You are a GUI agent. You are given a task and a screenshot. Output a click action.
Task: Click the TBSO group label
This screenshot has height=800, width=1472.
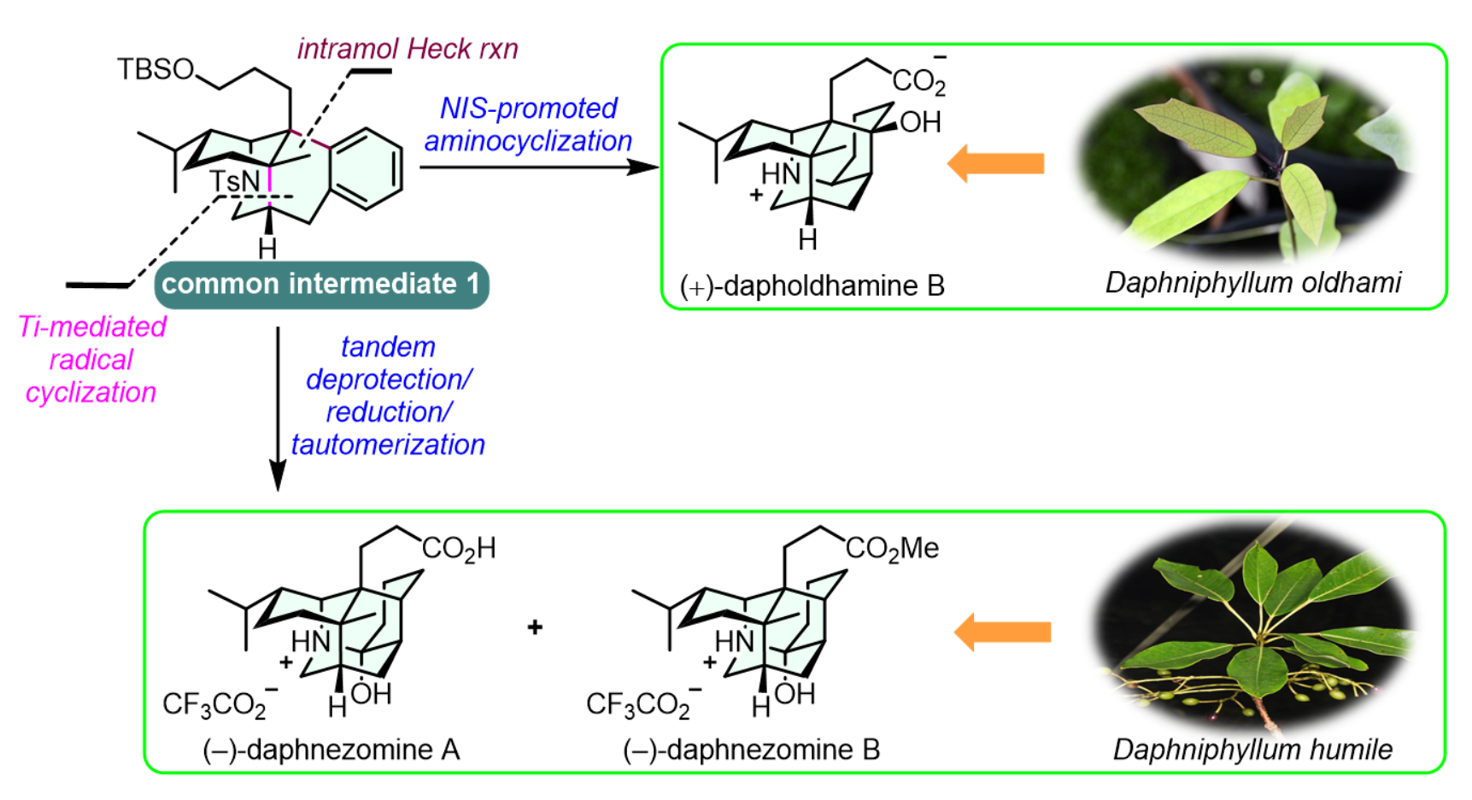(156, 69)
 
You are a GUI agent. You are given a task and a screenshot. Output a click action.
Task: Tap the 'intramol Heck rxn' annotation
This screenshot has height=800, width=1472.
(408, 49)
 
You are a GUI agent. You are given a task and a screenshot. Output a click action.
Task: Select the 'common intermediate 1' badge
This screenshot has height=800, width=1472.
(321, 285)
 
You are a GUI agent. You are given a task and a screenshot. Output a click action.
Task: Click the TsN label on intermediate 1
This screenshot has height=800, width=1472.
(235, 181)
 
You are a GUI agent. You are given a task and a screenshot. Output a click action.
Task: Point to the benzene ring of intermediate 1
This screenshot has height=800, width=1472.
(367, 168)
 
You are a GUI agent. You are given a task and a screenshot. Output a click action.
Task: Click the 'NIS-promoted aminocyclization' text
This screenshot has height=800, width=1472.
(528, 125)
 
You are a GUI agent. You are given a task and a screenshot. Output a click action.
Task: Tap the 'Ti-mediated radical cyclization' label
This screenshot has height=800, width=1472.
(91, 359)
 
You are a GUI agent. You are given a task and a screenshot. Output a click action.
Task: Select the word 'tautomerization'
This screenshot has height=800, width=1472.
(388, 444)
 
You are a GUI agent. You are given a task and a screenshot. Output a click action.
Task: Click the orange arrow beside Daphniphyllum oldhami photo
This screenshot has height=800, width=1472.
(996, 163)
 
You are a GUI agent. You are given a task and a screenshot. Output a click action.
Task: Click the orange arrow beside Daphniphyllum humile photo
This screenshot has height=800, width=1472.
(1002, 632)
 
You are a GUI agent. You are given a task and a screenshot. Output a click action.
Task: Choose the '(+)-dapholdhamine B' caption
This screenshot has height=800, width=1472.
(812, 285)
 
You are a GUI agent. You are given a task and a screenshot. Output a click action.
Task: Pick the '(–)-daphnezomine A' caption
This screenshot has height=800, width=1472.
(331, 750)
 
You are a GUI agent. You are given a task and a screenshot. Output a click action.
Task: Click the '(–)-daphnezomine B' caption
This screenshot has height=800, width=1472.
(752, 750)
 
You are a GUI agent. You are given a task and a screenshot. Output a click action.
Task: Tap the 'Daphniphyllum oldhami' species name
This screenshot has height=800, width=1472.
(1253, 282)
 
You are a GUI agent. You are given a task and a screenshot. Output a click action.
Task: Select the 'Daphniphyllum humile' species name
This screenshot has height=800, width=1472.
(1252, 750)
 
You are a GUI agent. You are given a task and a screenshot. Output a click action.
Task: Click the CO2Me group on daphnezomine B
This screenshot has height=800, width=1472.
(892, 549)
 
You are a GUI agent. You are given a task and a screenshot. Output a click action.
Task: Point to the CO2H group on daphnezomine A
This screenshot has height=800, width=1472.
(459, 549)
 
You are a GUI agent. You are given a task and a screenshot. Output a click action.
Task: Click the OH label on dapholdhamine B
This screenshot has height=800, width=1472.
(920, 122)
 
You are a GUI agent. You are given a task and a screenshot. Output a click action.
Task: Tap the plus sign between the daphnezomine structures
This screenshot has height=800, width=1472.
(536, 628)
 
